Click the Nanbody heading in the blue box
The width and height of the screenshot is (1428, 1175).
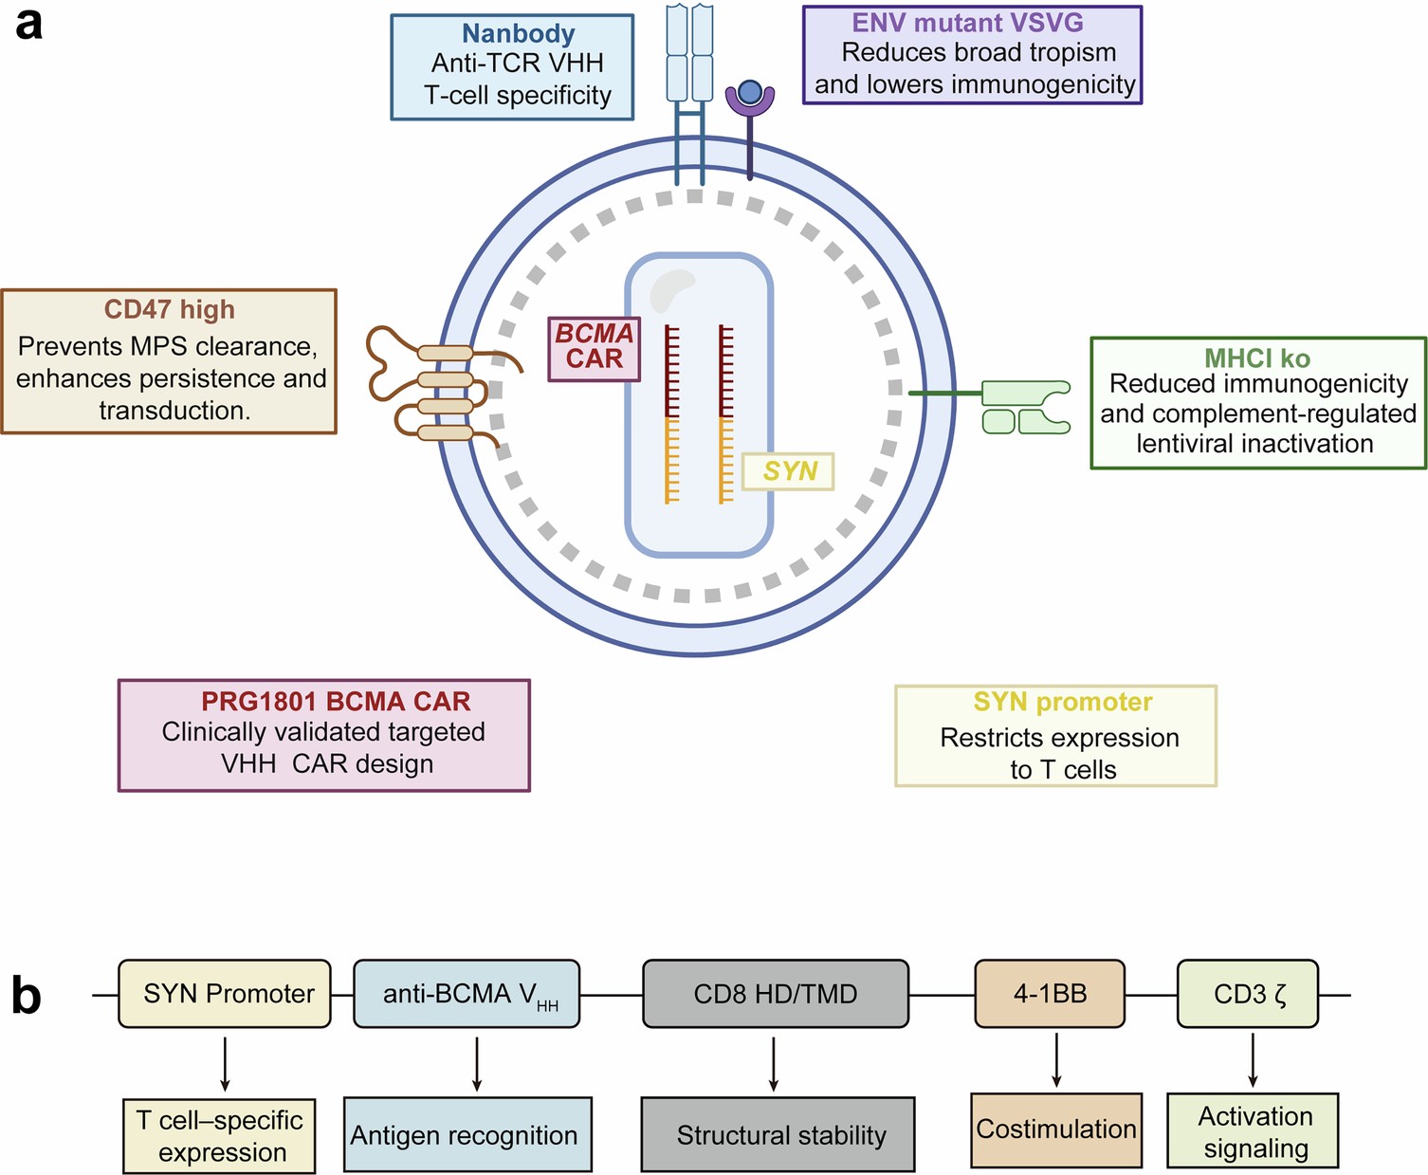(x=518, y=33)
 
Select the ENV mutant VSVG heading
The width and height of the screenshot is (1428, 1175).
(x=967, y=23)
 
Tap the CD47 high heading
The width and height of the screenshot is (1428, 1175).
(x=169, y=309)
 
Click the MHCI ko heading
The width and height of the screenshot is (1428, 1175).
(x=1256, y=358)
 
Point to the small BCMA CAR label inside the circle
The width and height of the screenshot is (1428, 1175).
(x=595, y=347)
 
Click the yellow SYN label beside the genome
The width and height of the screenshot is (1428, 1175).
(x=788, y=471)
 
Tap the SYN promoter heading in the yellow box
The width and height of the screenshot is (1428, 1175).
(x=1062, y=702)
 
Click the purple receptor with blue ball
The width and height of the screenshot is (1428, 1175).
(x=749, y=99)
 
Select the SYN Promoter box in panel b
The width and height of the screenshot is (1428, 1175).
(x=225, y=994)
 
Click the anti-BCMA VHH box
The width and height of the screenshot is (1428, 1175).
(x=466, y=994)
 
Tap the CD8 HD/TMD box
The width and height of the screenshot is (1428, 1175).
(x=775, y=994)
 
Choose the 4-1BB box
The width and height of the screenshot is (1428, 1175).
(x=1050, y=994)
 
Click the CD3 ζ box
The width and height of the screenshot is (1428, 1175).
(x=1247, y=994)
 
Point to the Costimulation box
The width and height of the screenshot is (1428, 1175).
(x=1055, y=1129)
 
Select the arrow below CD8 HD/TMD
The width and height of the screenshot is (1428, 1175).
(x=774, y=1063)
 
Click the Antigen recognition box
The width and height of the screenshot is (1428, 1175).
(x=467, y=1134)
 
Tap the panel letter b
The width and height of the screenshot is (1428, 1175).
(x=27, y=996)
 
